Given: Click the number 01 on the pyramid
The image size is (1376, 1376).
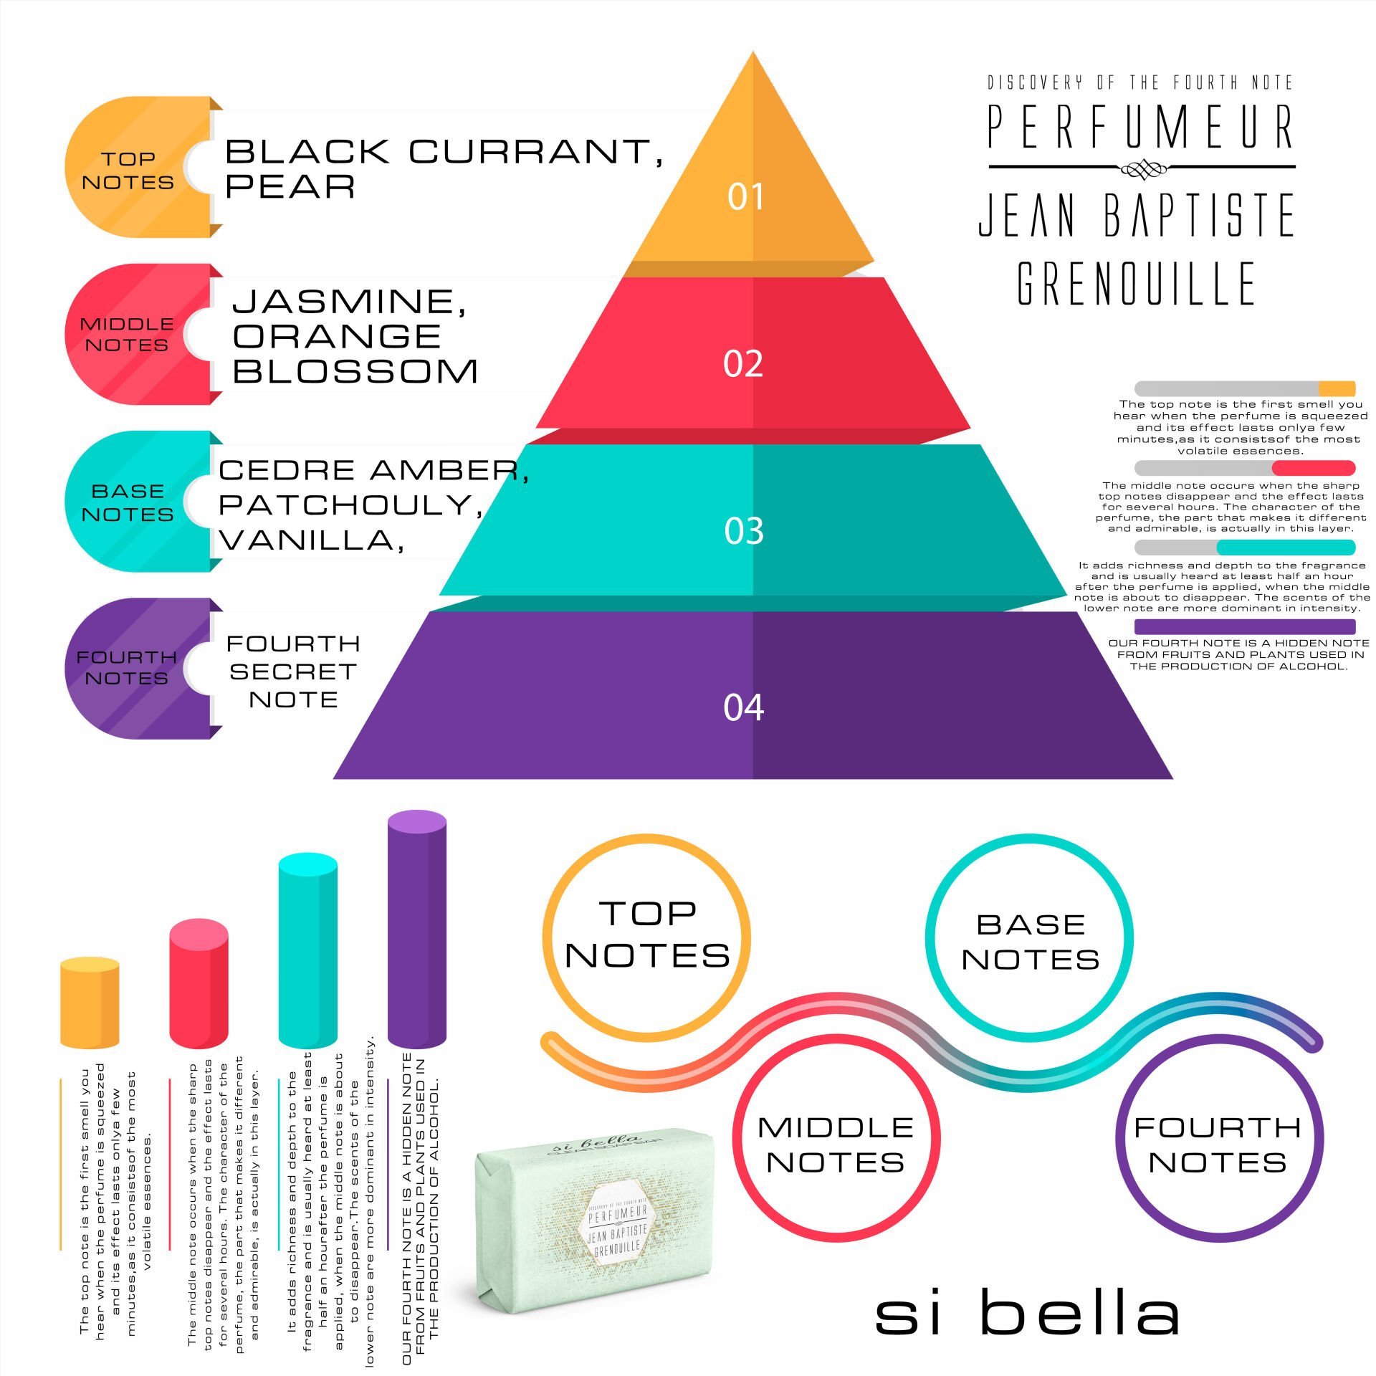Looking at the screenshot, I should tap(745, 196).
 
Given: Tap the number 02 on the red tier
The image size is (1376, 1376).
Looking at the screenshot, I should tap(743, 363).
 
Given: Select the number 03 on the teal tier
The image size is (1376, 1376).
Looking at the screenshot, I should tap(744, 531).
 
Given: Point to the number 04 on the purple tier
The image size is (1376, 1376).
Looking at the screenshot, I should tap(744, 707).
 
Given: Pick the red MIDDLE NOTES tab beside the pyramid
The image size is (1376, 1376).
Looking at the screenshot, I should tap(128, 334).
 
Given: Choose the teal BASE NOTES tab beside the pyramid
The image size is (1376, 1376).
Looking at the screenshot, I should tap(128, 502).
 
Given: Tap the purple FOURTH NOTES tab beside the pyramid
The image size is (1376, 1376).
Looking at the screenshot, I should tap(128, 667).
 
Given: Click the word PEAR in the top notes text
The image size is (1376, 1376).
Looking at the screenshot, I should tap(290, 186).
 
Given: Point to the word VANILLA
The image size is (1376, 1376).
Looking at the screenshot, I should tap(308, 540).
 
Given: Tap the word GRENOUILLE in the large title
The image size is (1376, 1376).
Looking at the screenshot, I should tap(1136, 283).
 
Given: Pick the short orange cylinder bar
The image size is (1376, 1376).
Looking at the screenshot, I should tap(90, 1005).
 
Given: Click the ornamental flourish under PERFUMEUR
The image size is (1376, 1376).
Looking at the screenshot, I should tap(1142, 170).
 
